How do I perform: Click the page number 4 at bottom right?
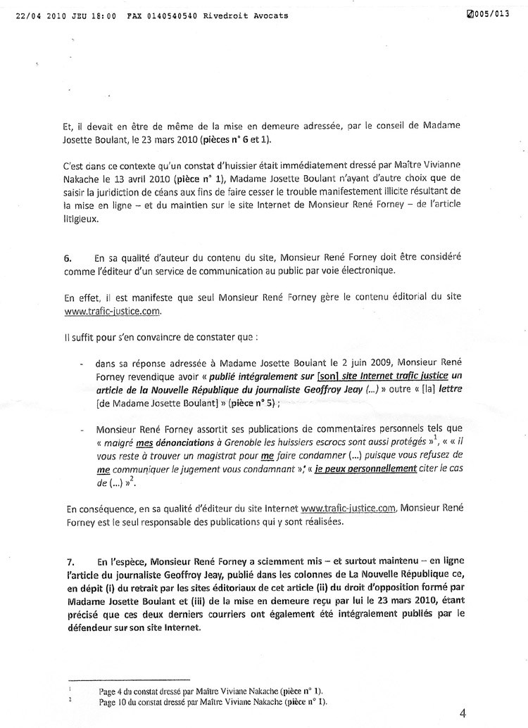pos(462,712)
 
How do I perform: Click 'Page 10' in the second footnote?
pos(115,701)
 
